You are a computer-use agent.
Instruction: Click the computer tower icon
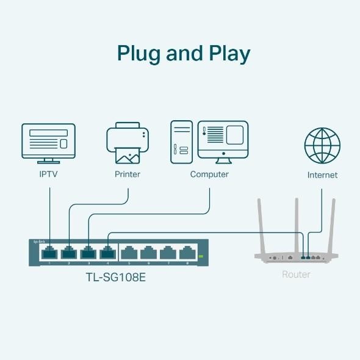pos(182,141)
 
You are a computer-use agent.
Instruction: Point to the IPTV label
pos(48,175)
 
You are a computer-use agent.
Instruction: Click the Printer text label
pos(128,175)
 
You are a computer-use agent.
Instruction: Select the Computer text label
pos(209,175)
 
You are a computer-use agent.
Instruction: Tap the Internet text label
pos(322,175)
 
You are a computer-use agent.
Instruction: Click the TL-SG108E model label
pos(115,277)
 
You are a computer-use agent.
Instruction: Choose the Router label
pos(296,275)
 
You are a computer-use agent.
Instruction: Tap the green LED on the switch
pos(200,257)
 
